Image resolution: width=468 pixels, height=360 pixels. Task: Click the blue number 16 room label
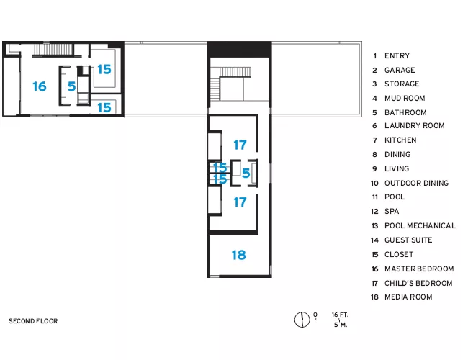(x=40, y=86)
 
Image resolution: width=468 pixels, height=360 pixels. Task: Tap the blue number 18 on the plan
(x=239, y=255)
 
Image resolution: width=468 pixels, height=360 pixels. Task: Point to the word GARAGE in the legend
(x=400, y=70)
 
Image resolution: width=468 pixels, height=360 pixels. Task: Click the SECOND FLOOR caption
(x=33, y=321)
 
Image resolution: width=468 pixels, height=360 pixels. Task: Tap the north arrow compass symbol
(x=302, y=320)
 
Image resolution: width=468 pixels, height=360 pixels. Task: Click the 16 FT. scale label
(x=340, y=315)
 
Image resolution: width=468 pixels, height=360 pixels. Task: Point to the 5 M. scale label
(x=341, y=325)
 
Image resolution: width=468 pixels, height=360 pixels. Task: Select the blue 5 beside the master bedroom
(x=71, y=86)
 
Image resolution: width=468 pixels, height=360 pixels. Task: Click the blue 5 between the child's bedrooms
(x=246, y=173)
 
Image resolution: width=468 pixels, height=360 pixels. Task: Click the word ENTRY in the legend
(x=397, y=56)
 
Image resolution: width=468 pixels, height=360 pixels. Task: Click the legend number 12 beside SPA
(x=374, y=212)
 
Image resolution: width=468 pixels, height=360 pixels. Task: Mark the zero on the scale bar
(x=315, y=315)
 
